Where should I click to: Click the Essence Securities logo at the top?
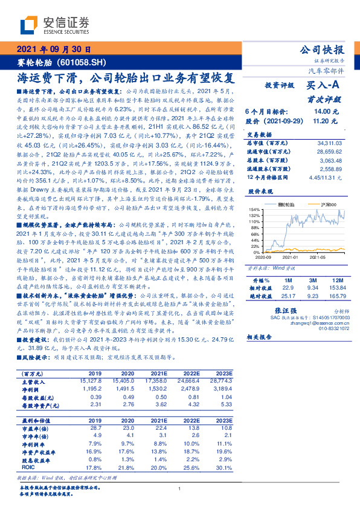[54, 25]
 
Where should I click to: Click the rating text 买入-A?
[324, 86]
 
